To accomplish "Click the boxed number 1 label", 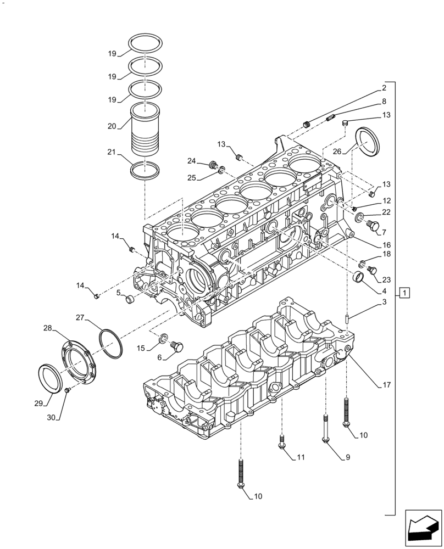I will point(404,293).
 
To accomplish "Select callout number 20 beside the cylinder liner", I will point(112,126).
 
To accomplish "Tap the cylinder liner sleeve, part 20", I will point(145,130).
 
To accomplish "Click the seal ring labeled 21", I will point(146,170).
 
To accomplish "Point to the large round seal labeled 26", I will point(365,142).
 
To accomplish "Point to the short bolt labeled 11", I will point(282,441).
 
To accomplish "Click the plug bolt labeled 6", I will point(177,346).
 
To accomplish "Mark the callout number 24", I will point(191,161).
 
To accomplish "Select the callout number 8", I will point(384,102).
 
